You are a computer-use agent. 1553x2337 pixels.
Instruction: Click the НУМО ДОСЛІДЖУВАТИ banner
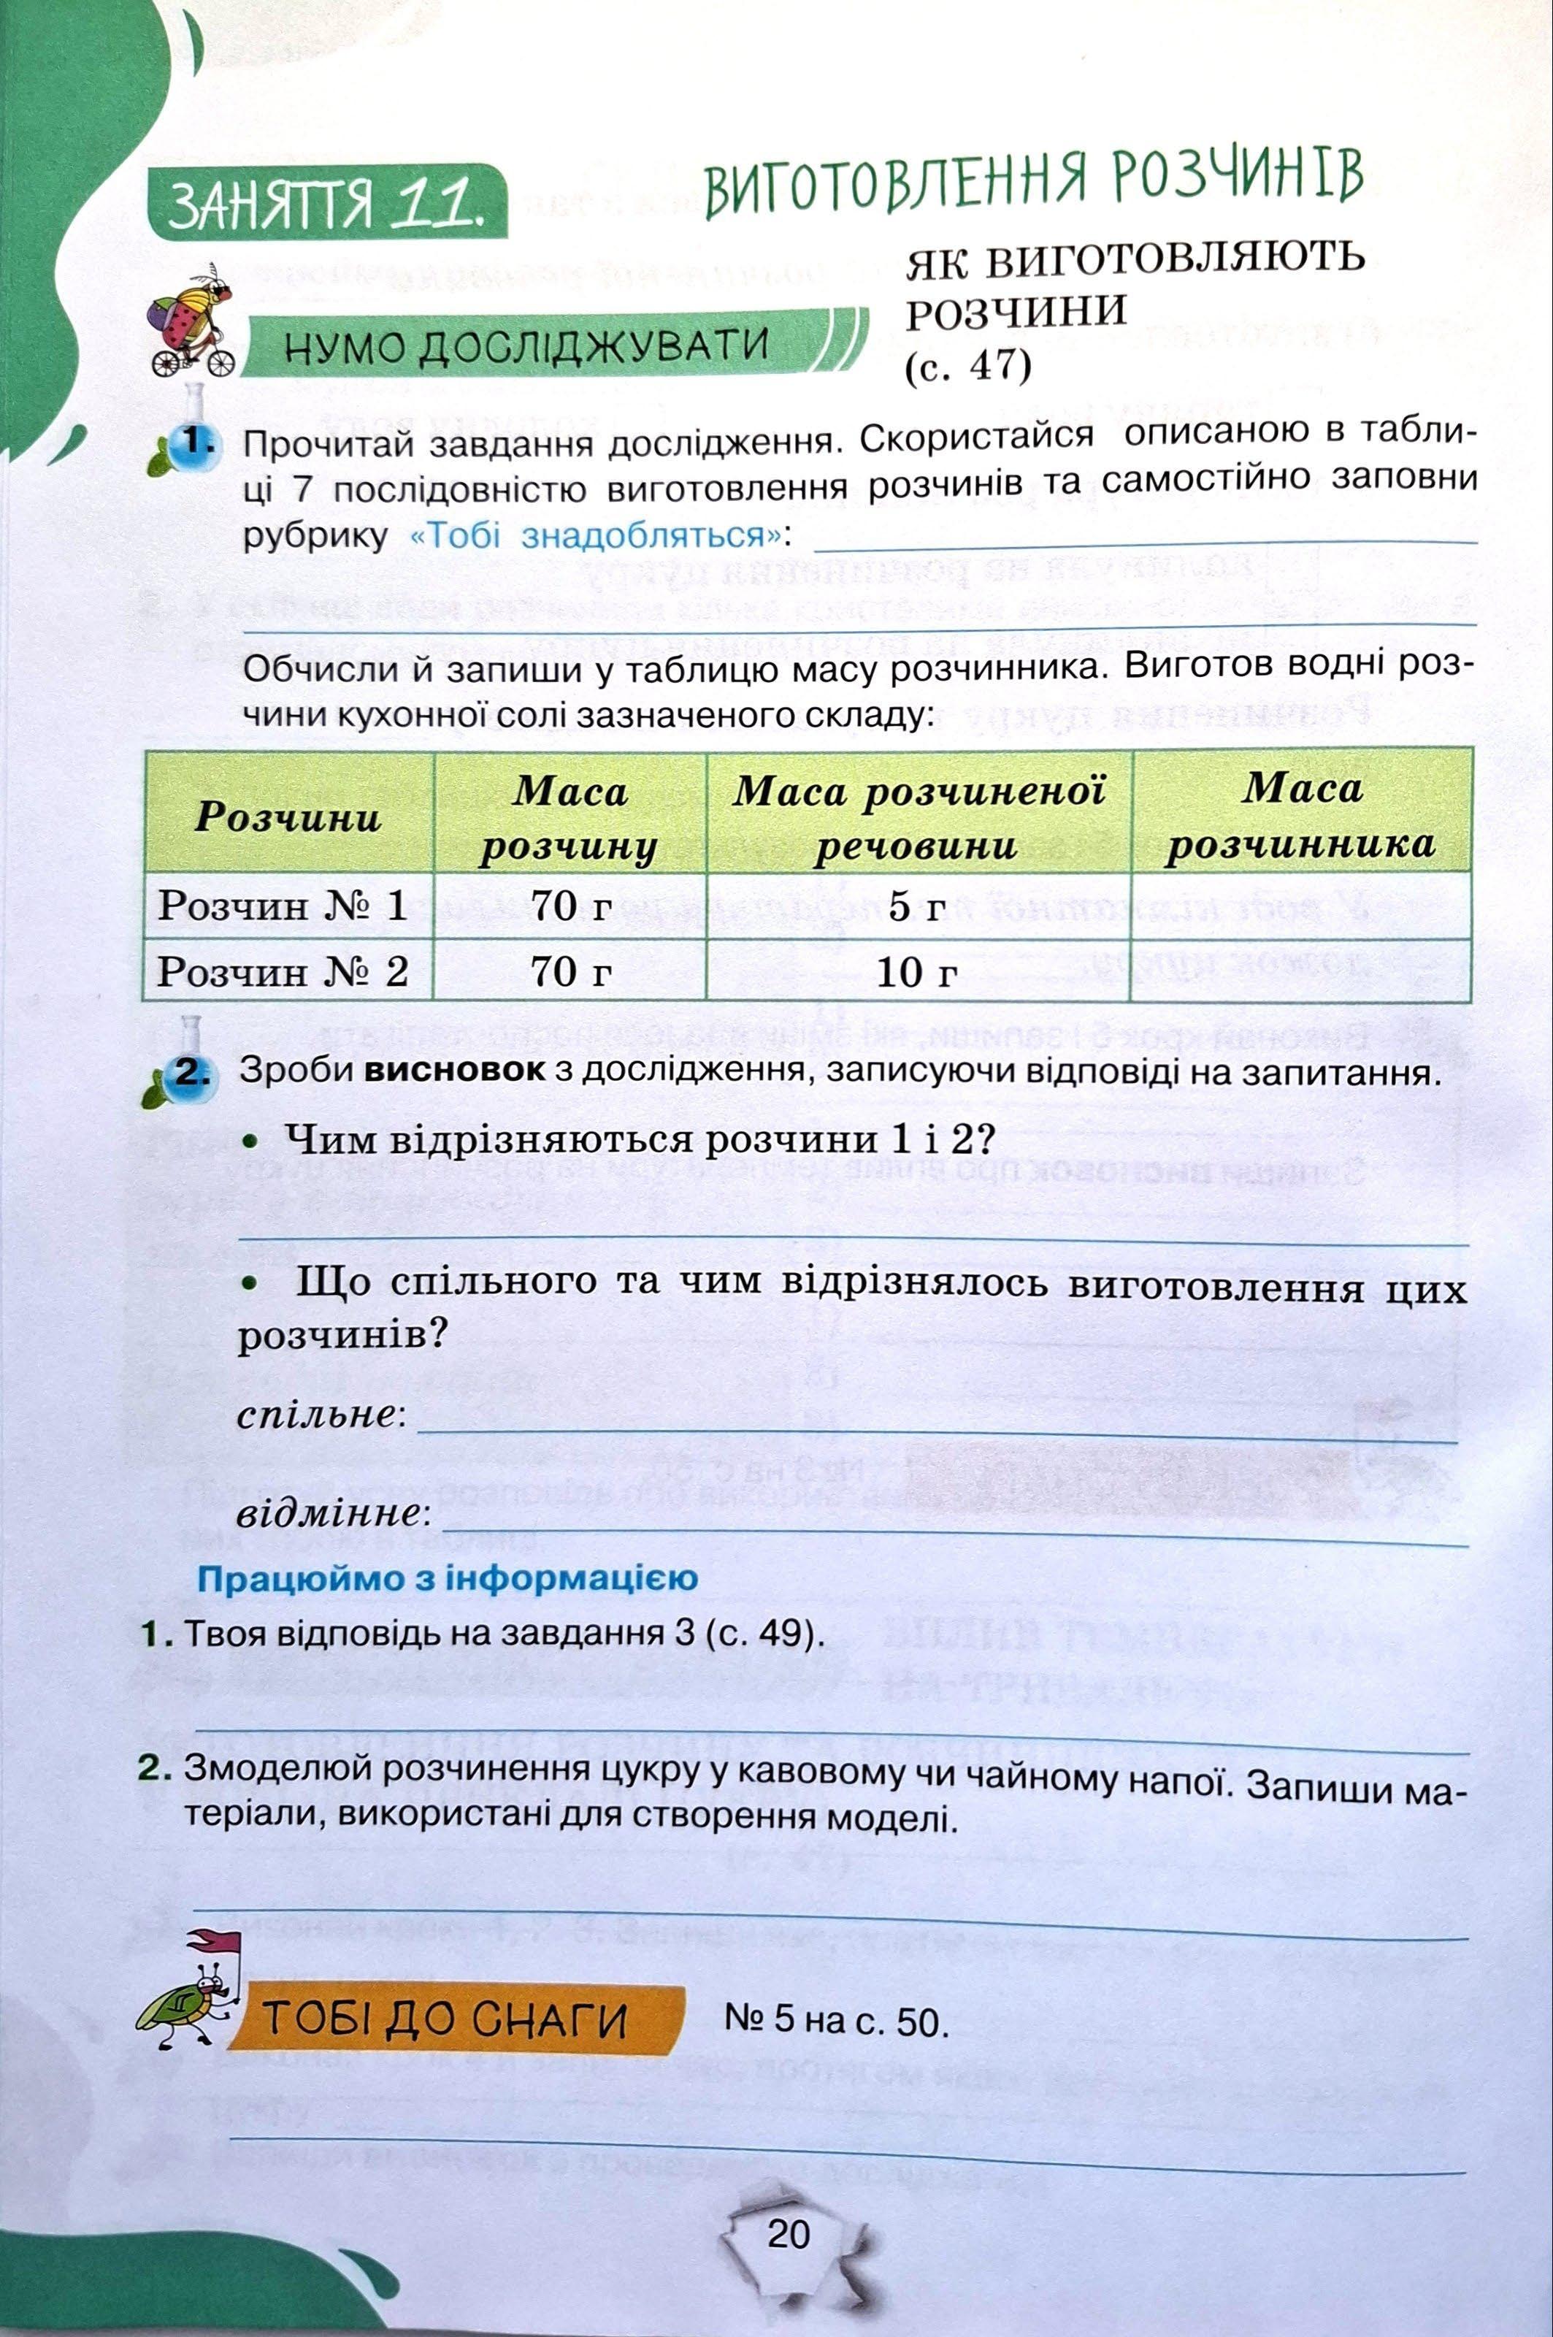click(x=525, y=345)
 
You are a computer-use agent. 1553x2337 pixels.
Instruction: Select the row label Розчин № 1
click(x=283, y=906)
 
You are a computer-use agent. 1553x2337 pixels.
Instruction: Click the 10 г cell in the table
click(x=917, y=972)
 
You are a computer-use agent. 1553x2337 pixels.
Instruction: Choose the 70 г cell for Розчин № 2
click(x=570, y=972)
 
